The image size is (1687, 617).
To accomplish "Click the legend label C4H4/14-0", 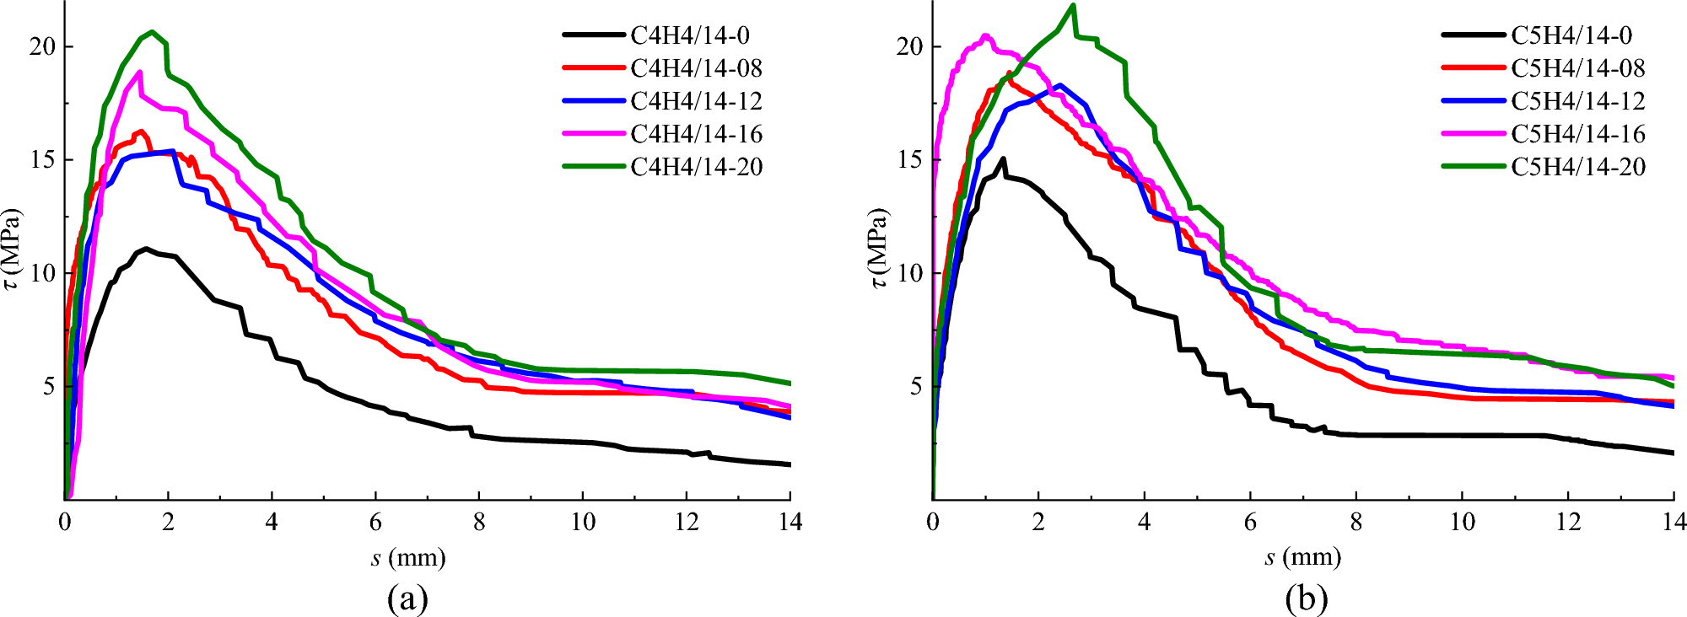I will [x=689, y=35].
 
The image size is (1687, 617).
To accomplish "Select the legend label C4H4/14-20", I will [x=696, y=167].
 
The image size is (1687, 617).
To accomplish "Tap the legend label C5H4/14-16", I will [x=1577, y=134].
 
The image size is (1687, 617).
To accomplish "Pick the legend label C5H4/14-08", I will [x=1577, y=68].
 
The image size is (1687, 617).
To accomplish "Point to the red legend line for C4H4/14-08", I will [x=594, y=68].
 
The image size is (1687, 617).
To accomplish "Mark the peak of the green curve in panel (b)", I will [x=1073, y=5].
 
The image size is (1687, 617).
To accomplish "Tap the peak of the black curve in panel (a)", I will [x=146, y=249].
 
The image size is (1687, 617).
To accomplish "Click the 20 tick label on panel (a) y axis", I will [x=42, y=46].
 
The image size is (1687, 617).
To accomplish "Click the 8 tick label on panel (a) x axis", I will [x=479, y=523].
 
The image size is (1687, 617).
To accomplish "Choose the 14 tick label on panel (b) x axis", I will [x=1674, y=523].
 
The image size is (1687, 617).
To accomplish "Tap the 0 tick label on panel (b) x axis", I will [x=933, y=523].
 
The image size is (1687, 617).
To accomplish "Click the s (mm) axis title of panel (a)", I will [x=407, y=557].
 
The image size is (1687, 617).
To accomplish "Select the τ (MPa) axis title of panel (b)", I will [x=879, y=249].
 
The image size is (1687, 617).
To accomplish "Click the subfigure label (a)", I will [x=407, y=599].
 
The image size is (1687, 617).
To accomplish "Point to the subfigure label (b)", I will [x=1307, y=599].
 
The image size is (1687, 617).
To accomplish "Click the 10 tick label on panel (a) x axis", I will [x=583, y=523].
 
